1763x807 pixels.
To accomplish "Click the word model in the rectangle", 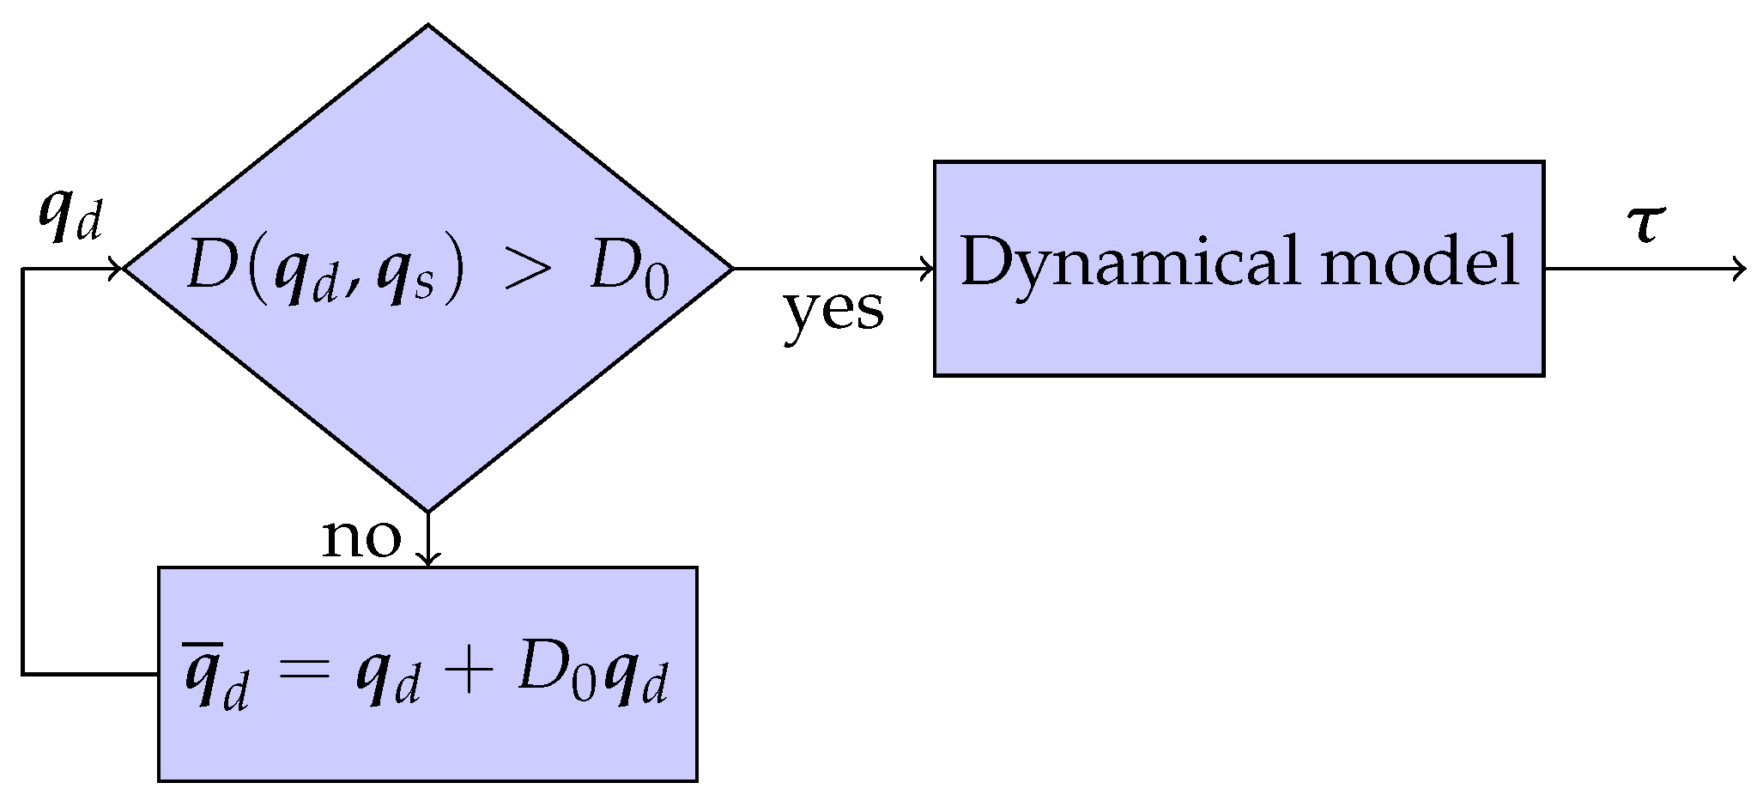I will (x=1420, y=261).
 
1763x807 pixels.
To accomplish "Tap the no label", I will (x=361, y=539).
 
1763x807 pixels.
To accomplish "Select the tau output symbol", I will (x=1646, y=225).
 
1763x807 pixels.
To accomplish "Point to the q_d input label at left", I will (x=70, y=220).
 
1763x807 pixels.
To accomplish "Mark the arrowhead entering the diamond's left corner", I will (x=118, y=269).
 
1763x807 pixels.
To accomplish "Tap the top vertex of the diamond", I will (x=427, y=26).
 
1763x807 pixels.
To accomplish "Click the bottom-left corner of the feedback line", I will (x=23, y=674).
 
